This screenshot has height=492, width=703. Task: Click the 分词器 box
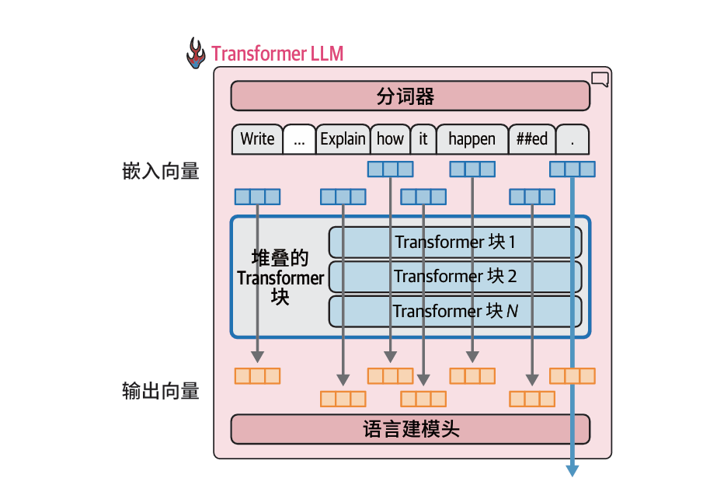[x=409, y=96]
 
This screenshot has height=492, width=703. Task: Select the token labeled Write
[x=257, y=139]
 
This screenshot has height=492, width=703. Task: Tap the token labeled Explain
[x=343, y=139]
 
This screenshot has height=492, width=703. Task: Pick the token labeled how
[x=390, y=139]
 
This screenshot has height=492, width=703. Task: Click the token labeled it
[x=423, y=139]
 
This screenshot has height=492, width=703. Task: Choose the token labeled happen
[x=472, y=139]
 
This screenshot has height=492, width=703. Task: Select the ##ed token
[x=531, y=139]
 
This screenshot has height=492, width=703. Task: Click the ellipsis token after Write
[x=299, y=139]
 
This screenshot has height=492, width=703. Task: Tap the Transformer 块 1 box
[x=455, y=242]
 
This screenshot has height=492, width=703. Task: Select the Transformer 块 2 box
[x=455, y=276]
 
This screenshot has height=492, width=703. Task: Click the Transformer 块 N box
[x=455, y=311]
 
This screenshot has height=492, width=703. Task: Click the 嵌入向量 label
[x=161, y=172]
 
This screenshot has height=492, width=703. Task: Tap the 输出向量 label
[x=161, y=391]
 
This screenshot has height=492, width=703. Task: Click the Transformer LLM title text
[x=277, y=54]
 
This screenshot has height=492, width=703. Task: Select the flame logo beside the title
[x=196, y=53]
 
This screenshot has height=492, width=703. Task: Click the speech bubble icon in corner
[x=600, y=79]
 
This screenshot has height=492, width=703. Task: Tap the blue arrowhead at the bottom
[x=572, y=469]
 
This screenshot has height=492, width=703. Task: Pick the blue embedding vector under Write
[x=257, y=197]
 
